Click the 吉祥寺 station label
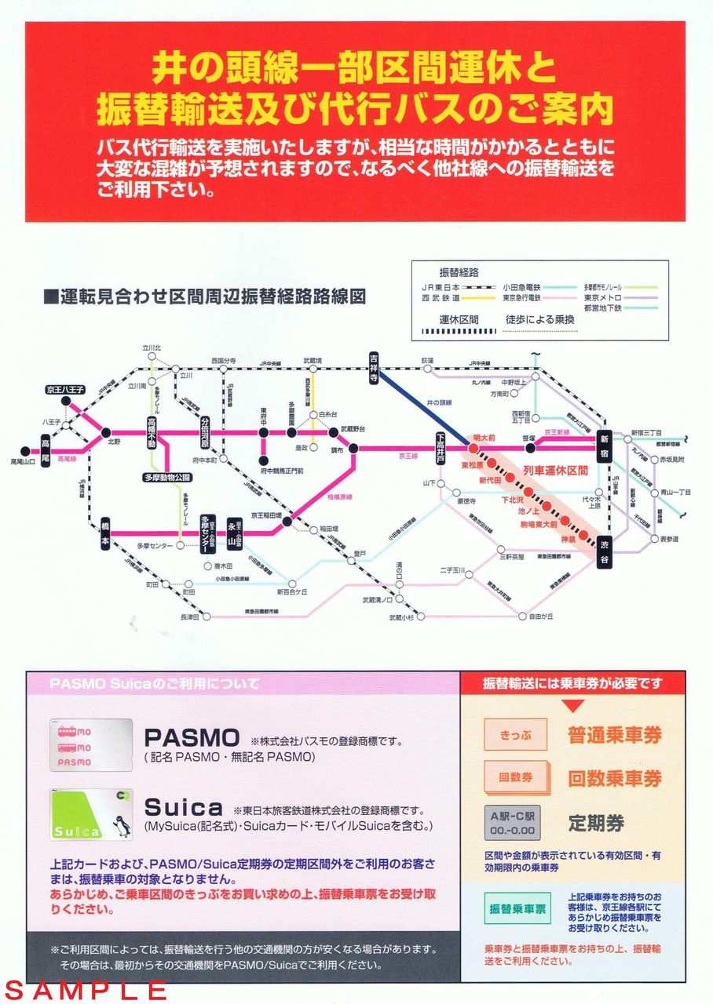[x=375, y=366]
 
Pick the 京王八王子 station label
[x=64, y=390]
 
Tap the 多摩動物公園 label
[x=167, y=477]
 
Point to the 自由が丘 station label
[x=541, y=617]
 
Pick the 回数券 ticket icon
[x=515, y=777]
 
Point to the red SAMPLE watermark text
[x=86, y=990]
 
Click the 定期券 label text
[x=596, y=823]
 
